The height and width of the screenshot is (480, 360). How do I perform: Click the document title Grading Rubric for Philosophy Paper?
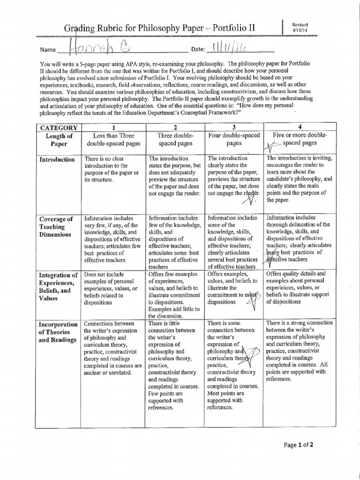(160, 29)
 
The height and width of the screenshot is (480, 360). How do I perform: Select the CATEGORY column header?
(59, 128)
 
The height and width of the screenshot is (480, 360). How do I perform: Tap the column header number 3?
(234, 128)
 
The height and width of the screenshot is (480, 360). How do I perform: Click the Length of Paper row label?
(59, 140)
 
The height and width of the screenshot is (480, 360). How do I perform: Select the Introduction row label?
(57, 159)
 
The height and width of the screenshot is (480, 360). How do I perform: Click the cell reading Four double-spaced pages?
(234, 140)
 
